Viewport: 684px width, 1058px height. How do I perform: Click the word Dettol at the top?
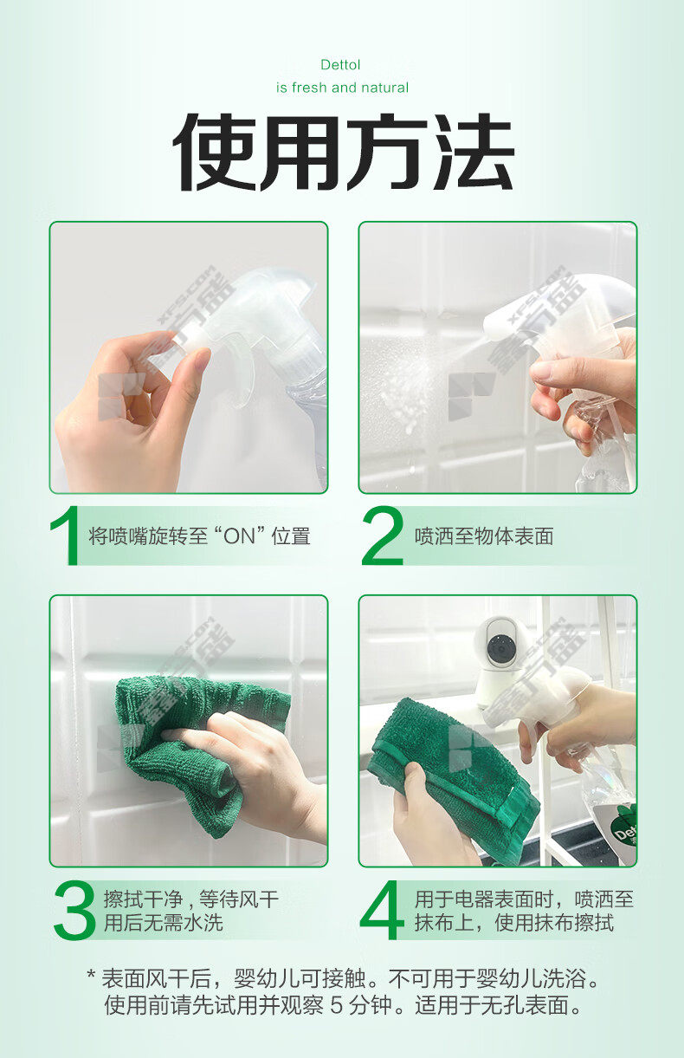pos(340,65)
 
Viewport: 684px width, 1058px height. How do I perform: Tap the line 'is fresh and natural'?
pos(342,88)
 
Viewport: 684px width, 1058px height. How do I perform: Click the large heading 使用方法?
pos(343,153)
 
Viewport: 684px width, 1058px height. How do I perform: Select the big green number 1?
pos(65,535)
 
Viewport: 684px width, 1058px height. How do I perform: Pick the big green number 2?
pos(383,535)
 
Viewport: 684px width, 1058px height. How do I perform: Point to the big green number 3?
pos(74,912)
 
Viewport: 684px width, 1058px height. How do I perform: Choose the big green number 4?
pos(382,911)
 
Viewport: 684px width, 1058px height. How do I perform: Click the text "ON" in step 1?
pos(239,536)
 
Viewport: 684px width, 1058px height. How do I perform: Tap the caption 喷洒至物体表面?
pos(484,536)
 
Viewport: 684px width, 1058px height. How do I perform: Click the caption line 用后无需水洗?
pos(164,923)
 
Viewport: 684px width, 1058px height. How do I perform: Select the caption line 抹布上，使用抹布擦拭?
pos(514,923)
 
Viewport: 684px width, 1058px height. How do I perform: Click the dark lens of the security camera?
pos(500,648)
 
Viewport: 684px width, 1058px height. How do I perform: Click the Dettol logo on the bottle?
pos(624,832)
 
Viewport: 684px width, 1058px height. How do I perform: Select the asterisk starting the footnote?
pos(92,973)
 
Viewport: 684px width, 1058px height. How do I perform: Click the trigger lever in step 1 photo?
pos(246,373)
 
